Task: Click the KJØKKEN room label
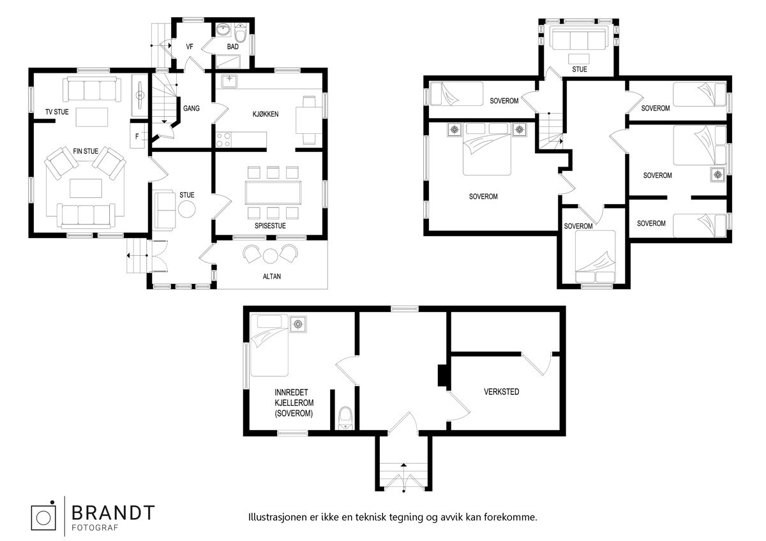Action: click(257, 114)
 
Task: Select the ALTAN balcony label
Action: click(272, 277)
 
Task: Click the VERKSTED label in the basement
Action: click(501, 392)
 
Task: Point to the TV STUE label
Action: click(57, 112)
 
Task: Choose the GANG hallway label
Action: click(191, 108)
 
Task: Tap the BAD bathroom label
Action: click(233, 47)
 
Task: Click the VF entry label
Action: click(190, 47)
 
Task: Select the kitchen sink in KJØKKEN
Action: click(229, 81)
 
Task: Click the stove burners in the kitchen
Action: click(223, 139)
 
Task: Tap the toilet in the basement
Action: click(345, 417)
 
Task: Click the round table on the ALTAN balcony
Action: click(271, 256)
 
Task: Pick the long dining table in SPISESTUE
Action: click(273, 191)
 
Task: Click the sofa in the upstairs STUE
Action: click(579, 39)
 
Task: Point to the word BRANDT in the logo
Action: click(112, 512)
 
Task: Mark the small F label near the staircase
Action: click(138, 136)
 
